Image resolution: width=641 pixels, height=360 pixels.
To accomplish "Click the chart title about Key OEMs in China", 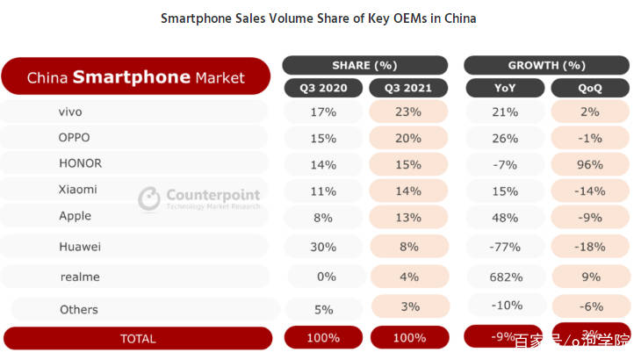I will point(318,18).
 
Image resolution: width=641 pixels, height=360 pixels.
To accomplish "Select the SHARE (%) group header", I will point(364,65).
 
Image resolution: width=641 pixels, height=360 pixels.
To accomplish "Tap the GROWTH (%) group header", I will point(546,65).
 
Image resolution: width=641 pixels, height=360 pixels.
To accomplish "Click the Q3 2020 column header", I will point(322,88).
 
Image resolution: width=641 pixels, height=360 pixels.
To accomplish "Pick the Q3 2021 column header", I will point(408,88).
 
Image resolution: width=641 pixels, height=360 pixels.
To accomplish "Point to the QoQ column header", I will point(589,88).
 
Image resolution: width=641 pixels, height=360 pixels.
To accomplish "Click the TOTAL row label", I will point(137,338).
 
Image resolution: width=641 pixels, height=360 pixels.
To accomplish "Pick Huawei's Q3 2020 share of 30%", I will point(322,247).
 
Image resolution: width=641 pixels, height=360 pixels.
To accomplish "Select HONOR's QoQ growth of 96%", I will point(589,163).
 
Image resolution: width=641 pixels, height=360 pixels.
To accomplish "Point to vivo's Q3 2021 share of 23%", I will point(408,112).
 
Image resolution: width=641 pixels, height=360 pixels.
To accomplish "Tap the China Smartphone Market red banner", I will point(136,77).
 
